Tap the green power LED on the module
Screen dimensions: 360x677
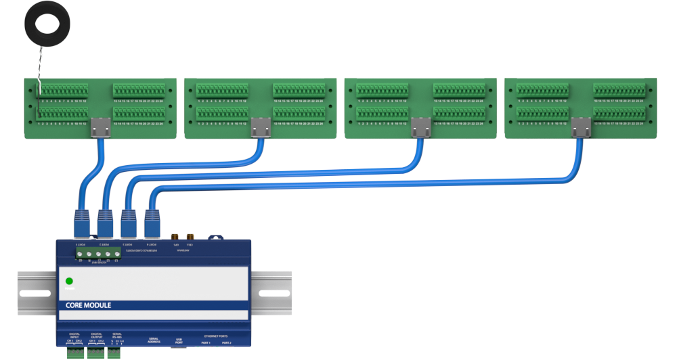(69, 282)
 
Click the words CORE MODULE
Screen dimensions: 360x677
(89, 305)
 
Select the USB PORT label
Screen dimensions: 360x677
(179, 340)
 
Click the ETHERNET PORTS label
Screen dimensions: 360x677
(217, 336)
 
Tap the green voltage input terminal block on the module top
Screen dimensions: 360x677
(98, 254)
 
